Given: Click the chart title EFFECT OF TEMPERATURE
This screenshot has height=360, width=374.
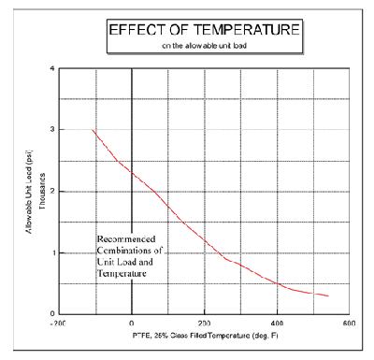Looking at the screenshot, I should tap(205, 30).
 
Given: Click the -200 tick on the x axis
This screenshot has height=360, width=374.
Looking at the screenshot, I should tap(60, 324).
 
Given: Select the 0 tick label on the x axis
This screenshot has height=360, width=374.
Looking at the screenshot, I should tap(132, 324).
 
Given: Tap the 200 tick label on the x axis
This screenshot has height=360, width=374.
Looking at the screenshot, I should tap(205, 324).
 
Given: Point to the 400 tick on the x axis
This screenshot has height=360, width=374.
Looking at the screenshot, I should tap(277, 324).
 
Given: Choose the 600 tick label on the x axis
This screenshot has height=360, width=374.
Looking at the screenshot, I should tap(349, 324).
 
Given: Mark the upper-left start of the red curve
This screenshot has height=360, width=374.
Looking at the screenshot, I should tap(92, 130).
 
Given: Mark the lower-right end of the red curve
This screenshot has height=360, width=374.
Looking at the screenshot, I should tap(328, 296).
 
